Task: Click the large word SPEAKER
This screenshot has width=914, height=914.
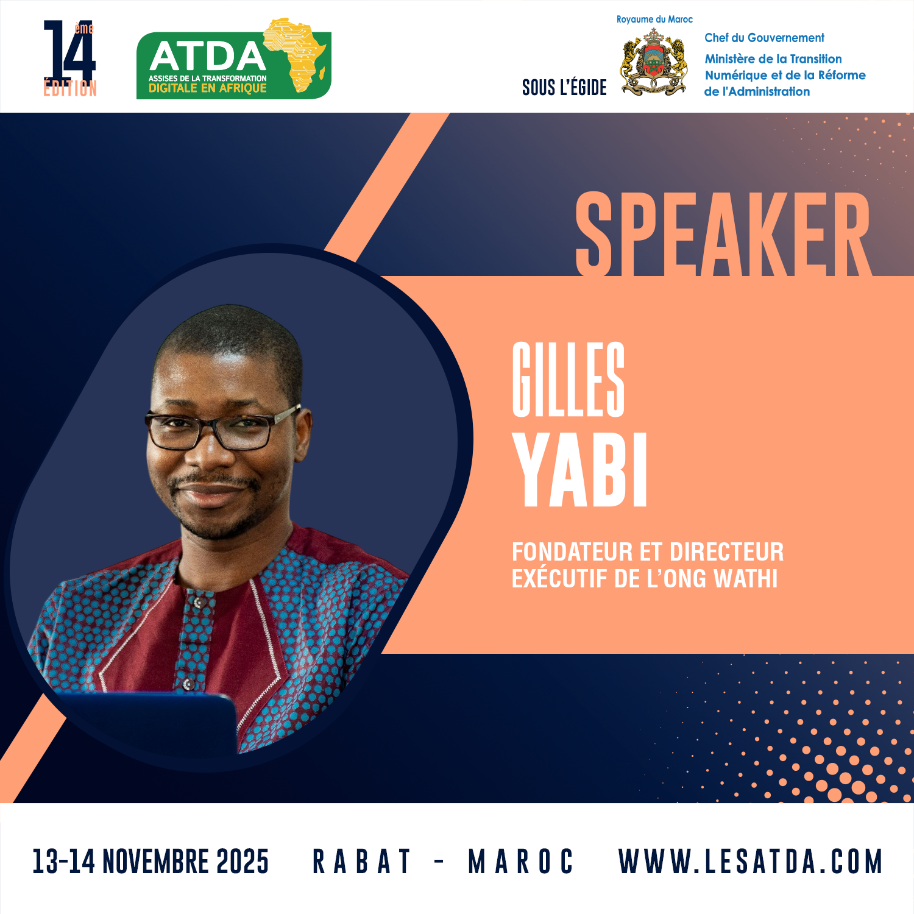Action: pyautogui.click(x=723, y=233)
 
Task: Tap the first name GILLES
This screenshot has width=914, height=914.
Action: pyautogui.click(x=569, y=379)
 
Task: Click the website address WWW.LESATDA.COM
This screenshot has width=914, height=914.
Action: pyautogui.click(x=750, y=862)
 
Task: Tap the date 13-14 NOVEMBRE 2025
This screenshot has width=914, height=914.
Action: pyautogui.click(x=151, y=862)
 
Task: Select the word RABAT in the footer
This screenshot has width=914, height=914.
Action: pyautogui.click(x=361, y=862)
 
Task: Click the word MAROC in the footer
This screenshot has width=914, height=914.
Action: pyautogui.click(x=520, y=862)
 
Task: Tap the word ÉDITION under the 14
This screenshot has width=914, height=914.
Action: pyautogui.click(x=70, y=88)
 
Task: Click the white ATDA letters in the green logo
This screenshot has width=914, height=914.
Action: pyautogui.click(x=208, y=57)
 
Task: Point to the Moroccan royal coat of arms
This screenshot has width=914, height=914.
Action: pyautogui.click(x=654, y=62)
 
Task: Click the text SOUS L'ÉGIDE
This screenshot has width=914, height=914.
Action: pyautogui.click(x=564, y=88)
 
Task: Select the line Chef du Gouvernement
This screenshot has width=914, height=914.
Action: pyautogui.click(x=764, y=38)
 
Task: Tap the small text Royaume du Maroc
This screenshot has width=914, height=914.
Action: pyautogui.click(x=654, y=19)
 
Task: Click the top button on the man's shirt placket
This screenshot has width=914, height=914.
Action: pyautogui.click(x=197, y=603)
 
